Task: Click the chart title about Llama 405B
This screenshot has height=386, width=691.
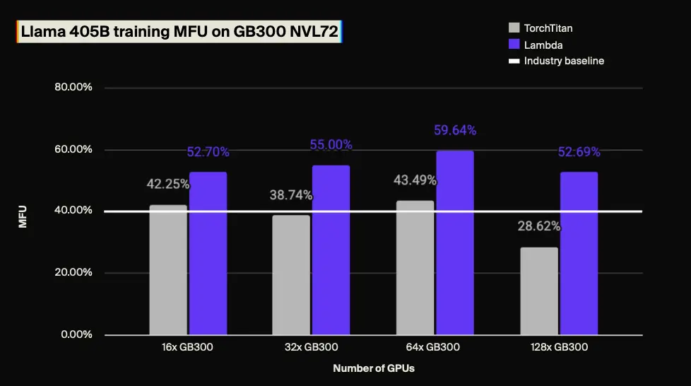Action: coord(179,32)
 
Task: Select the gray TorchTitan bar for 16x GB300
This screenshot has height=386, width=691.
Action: coord(168,269)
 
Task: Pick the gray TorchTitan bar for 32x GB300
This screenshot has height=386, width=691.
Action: coord(291,274)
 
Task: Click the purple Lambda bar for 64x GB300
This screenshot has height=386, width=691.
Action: coord(454,242)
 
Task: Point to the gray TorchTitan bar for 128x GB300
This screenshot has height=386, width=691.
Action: coord(539,291)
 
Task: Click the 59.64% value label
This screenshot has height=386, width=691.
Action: coord(454,130)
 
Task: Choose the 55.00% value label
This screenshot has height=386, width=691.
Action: coord(331,145)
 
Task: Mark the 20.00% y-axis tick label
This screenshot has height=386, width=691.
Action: coord(73,272)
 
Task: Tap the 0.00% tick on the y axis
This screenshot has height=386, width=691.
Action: coord(76,334)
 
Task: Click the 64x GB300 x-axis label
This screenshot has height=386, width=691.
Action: coord(435,347)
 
